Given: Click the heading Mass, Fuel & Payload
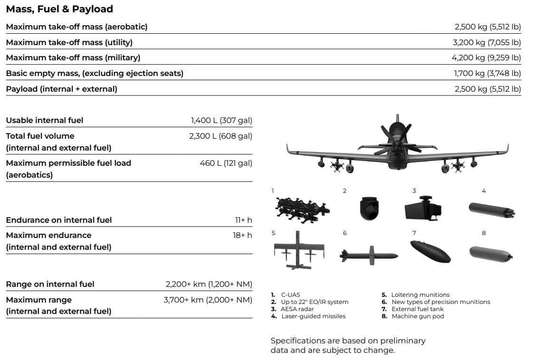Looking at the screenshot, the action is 59,9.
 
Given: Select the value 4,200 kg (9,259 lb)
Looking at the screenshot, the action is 486,57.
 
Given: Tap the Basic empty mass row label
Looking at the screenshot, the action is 95,73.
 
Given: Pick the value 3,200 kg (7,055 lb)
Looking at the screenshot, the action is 487,42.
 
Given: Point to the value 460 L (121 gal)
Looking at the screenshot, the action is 226,163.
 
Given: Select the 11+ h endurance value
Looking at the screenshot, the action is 243,220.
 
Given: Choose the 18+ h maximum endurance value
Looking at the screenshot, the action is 242,235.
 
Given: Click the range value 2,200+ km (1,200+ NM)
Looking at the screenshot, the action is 209,284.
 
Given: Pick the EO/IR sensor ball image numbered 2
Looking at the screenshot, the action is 369,208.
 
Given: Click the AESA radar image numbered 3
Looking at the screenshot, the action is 423,208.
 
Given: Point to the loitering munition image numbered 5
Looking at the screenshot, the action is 299,250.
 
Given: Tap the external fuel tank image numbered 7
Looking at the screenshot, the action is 430,252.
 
